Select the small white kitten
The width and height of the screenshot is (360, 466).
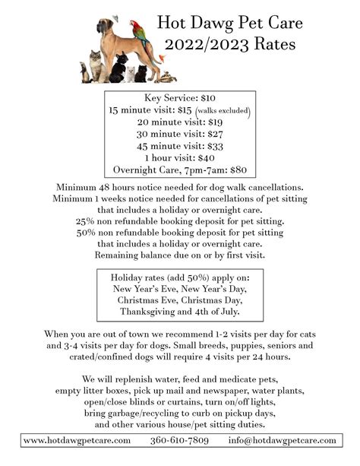click(129, 74)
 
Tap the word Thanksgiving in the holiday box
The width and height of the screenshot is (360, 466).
click(151, 312)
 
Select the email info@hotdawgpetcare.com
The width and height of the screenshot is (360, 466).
click(282, 441)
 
